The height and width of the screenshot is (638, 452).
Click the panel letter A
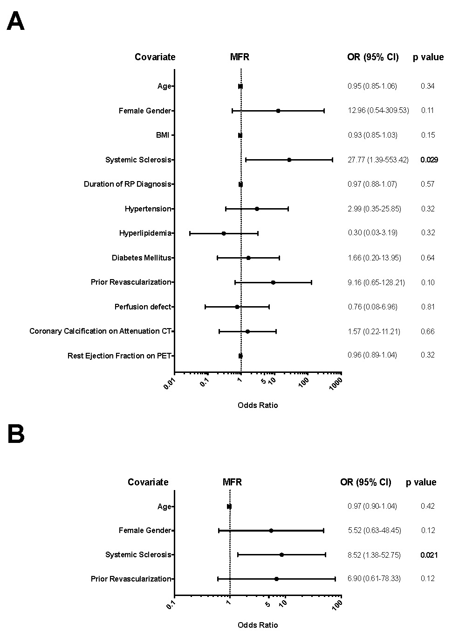(15, 22)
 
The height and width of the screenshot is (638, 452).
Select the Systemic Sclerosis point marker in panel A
(289, 160)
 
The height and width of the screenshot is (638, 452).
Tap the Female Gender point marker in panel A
(278, 111)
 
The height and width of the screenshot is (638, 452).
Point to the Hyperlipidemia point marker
(224, 233)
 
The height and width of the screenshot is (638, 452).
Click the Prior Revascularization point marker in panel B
(276, 579)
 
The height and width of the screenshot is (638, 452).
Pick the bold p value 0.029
(429, 160)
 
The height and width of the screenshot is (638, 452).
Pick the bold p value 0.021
(429, 555)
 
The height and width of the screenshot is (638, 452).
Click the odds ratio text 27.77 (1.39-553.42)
(378, 160)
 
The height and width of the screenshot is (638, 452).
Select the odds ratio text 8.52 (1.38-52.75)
(374, 555)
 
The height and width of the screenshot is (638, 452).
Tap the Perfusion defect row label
(143, 307)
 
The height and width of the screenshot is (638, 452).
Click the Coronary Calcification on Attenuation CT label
(101, 331)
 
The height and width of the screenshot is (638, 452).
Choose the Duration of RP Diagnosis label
(128, 184)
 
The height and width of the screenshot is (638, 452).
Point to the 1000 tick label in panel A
(336, 383)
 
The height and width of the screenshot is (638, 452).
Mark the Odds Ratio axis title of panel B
(258, 625)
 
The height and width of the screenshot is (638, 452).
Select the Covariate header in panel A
(155, 57)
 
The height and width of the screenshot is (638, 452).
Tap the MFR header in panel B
(232, 482)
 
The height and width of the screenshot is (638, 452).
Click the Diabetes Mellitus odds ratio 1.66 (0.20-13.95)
(374, 258)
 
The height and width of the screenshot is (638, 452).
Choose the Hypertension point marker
(257, 209)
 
